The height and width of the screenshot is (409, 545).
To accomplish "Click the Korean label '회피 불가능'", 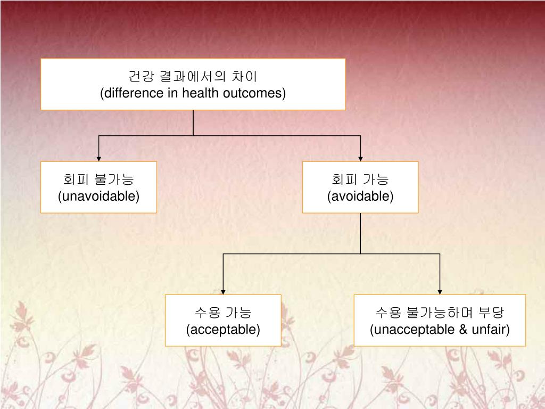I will coord(98,179).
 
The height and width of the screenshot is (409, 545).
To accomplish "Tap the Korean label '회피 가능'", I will coord(360,179).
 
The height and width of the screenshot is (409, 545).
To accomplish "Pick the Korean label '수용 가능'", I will coord(223,313).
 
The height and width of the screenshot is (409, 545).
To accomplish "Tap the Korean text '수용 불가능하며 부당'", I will coord(440,313).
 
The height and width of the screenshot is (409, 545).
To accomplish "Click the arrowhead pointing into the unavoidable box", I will coord(99,158).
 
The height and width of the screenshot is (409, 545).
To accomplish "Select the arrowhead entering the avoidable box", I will coord(360,158).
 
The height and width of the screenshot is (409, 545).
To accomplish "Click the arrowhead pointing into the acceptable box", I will coord(223,291).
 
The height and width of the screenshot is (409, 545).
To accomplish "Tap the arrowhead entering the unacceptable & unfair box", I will coord(440,291).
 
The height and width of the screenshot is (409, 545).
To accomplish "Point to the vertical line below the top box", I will coord(193,122).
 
